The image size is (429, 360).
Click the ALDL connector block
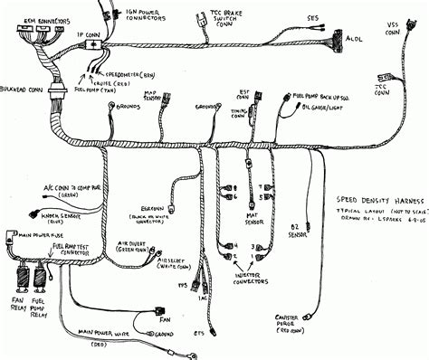[x=336, y=43]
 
